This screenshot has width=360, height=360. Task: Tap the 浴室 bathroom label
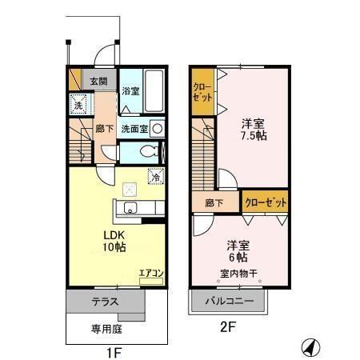130,91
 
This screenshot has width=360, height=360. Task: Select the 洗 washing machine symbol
78,103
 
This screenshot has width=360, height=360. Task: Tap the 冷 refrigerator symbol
155,178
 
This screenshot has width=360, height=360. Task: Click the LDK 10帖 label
114,242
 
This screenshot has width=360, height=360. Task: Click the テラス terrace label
104,302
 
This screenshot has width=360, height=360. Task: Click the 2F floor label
230,327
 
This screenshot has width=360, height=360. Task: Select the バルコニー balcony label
229,302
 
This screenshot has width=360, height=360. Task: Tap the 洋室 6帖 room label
236,251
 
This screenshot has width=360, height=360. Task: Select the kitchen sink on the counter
131,210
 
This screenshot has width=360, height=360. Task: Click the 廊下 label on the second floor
213,203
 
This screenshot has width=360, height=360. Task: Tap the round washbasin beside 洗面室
157,128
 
